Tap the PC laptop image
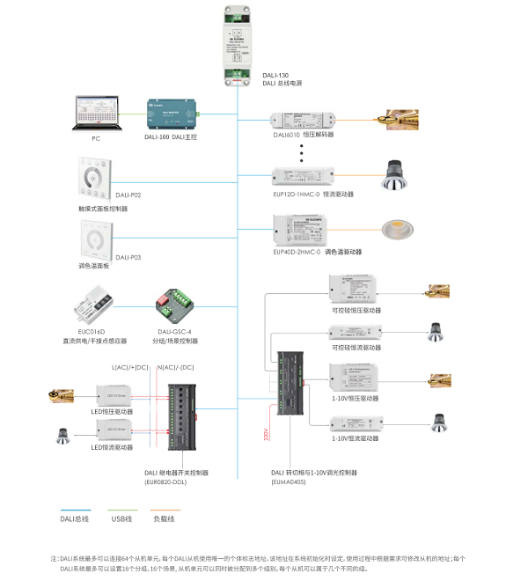point(96,114)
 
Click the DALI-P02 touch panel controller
point(95,180)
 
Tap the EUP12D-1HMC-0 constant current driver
point(303,175)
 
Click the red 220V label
point(267,434)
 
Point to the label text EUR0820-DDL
point(165,481)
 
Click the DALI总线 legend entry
point(74,518)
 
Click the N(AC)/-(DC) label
point(174,366)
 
